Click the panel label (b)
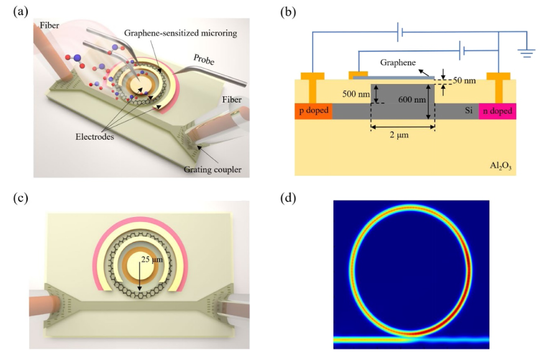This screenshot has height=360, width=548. click(x=287, y=11)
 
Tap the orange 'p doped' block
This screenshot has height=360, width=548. click(x=313, y=111)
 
